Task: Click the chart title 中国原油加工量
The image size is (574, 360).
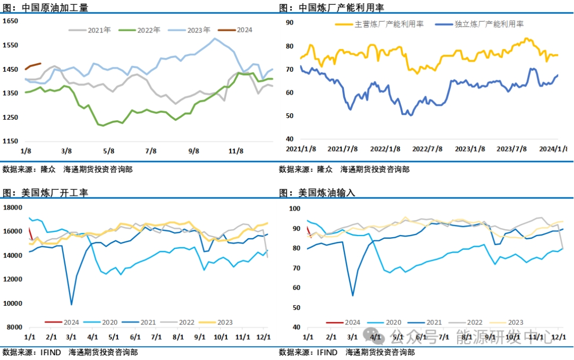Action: pyautogui.click(x=55, y=8)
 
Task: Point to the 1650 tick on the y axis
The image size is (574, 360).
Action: pyautogui.click(x=11, y=21)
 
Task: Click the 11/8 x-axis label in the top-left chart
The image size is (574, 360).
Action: pyautogui.click(x=236, y=151)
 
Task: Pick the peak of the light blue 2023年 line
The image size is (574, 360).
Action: pyautogui.click(x=215, y=38)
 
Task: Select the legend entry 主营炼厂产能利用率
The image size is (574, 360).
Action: pyautogui.click(x=379, y=24)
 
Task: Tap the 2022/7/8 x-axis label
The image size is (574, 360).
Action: pyautogui.click(x=428, y=149)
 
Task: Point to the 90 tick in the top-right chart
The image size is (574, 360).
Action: pyautogui.click(x=290, y=23)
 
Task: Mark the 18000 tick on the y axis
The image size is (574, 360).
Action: pyautogui.click(x=13, y=207)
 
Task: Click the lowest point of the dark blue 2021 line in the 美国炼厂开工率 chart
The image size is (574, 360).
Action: pyautogui.click(x=72, y=305)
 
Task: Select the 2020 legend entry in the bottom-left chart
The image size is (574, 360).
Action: pyautogui.click(x=104, y=322)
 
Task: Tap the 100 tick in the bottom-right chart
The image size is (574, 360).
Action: pyautogui.click(x=293, y=208)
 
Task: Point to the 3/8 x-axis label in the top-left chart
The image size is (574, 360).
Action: pyautogui.click(x=67, y=151)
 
